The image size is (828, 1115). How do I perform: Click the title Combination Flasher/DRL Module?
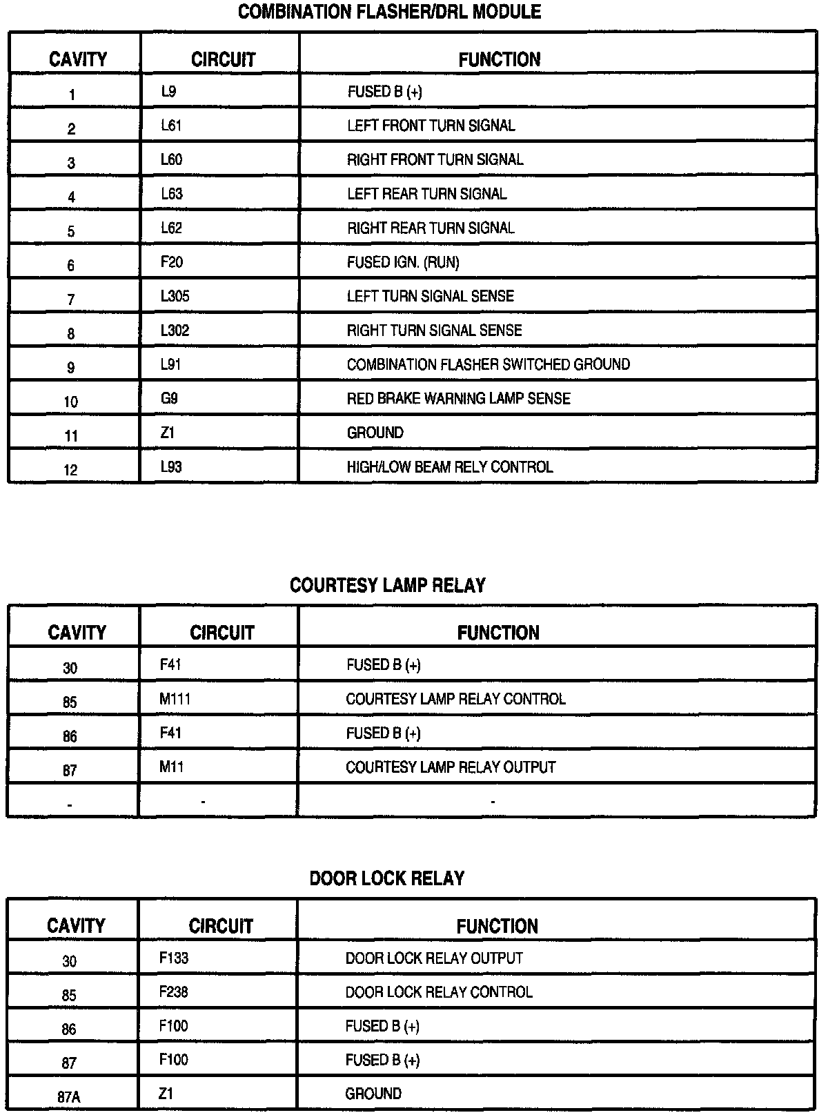(389, 12)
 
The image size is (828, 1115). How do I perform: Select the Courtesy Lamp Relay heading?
(387, 585)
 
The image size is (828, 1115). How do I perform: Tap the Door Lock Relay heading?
(387, 878)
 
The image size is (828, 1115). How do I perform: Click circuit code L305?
(175, 296)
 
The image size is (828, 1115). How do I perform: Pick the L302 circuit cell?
(175, 330)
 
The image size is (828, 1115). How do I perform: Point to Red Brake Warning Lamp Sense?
(458, 399)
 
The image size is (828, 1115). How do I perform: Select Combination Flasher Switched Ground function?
(488, 364)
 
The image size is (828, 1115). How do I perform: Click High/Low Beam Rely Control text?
(449, 467)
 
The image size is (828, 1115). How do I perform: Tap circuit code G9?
(170, 399)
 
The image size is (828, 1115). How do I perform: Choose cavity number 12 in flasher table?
(71, 471)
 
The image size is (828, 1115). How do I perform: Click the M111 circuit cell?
(175, 699)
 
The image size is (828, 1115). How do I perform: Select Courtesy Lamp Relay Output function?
(451, 767)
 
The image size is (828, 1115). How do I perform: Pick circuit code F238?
(173, 992)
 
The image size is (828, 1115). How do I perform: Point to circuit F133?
(173, 958)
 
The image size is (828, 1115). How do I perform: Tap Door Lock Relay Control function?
(439, 992)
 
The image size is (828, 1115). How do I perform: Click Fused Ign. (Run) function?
(403, 262)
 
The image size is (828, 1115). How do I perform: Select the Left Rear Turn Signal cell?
(426, 194)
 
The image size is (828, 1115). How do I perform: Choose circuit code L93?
(171, 467)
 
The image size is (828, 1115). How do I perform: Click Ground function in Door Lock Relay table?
(373, 1094)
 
